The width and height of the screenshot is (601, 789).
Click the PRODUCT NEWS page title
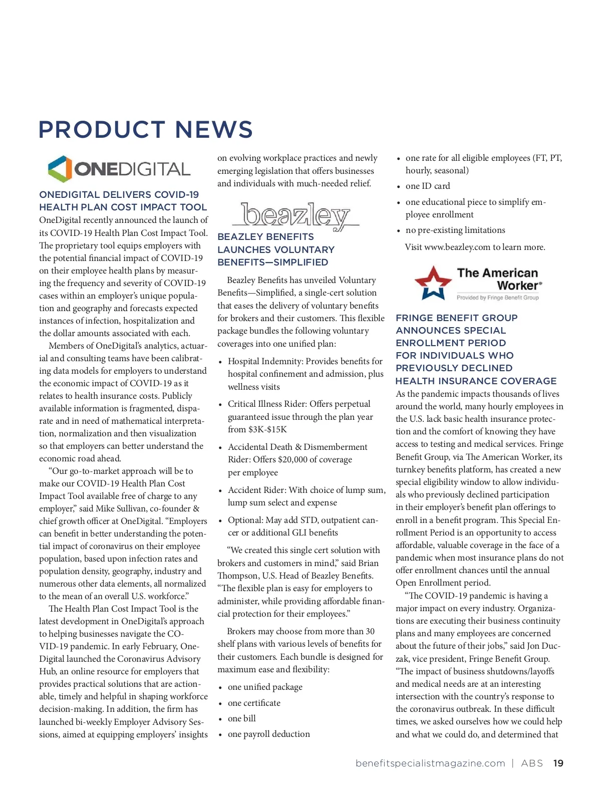pyautogui.click(x=146, y=130)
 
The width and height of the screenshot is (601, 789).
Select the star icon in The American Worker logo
pyautogui.click(x=433, y=283)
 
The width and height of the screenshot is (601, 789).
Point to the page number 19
pyautogui.click(x=558, y=763)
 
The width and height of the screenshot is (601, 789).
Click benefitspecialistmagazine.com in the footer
pyautogui.click(x=430, y=763)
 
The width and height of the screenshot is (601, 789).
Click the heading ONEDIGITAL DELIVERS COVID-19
pyautogui.click(x=119, y=194)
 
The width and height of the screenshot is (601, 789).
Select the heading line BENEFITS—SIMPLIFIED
pyautogui.click(x=273, y=262)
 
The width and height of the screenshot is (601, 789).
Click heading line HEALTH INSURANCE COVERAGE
pyautogui.click(x=476, y=381)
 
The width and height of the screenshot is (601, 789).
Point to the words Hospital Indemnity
pyautogui.click(x=265, y=361)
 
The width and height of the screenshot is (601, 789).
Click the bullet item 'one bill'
pyautogui.click(x=241, y=718)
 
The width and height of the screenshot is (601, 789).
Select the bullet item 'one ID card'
pyautogui.click(x=428, y=186)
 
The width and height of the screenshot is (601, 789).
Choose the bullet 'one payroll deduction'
pyautogui.click(x=268, y=734)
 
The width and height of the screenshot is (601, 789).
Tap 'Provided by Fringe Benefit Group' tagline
pyautogui.click(x=497, y=298)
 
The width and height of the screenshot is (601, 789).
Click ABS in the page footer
pyautogui.click(x=532, y=763)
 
